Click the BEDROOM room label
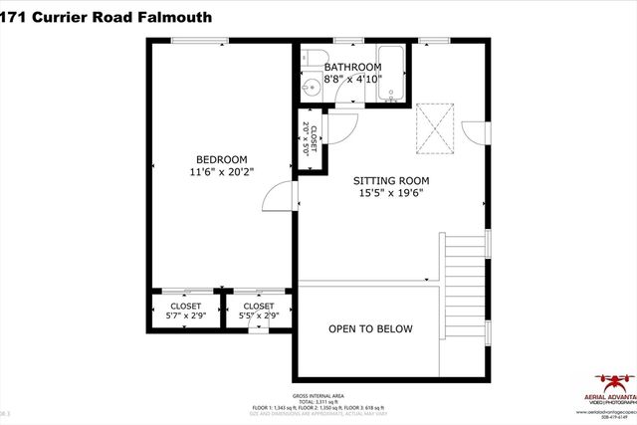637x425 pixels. (x=221, y=159)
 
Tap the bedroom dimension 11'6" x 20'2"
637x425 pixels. (x=221, y=171)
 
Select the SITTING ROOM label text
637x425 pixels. (x=391, y=180)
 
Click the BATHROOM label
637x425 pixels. (x=352, y=67)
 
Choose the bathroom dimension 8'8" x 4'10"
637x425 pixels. (x=352, y=79)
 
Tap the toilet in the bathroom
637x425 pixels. (x=313, y=60)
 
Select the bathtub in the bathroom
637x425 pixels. (x=388, y=75)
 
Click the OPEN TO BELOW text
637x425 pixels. (x=370, y=329)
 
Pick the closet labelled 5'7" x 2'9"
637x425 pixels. (x=186, y=311)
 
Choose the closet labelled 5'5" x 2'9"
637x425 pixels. (x=258, y=311)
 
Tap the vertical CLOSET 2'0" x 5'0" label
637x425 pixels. (x=311, y=140)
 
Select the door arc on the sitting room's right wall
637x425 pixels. (x=477, y=132)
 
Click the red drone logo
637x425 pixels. (x=614, y=381)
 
